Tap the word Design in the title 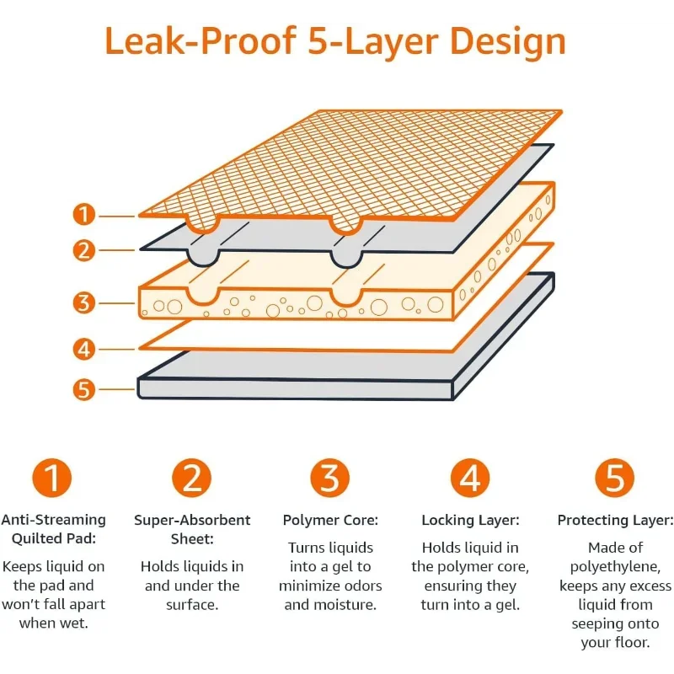[x=507, y=41]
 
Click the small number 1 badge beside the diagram [x=83, y=214]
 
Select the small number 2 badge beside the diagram [x=83, y=249]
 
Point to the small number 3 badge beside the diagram [x=83, y=302]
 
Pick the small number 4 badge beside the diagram [x=83, y=348]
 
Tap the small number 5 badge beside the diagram [x=83, y=389]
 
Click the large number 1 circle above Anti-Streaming [x=52, y=479]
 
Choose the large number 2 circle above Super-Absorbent [x=191, y=479]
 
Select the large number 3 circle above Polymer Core [x=329, y=479]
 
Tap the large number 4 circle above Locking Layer [x=469, y=479]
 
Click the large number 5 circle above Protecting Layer [x=614, y=479]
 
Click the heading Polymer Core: [x=330, y=521]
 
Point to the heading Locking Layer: [x=470, y=521]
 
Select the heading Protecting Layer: [x=615, y=521]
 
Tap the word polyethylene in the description [x=615, y=567]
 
